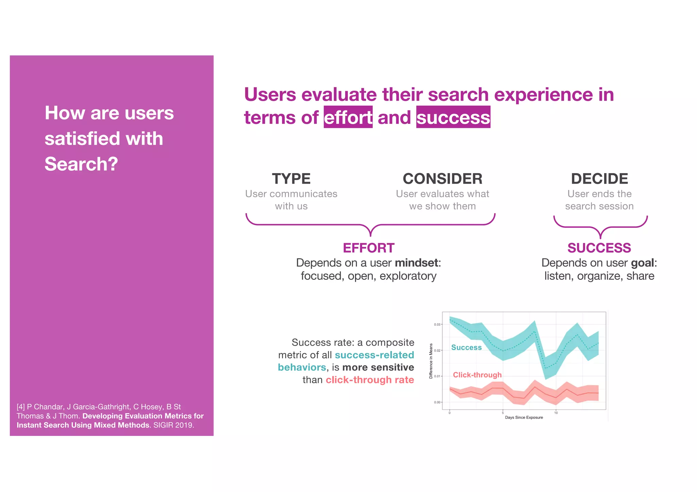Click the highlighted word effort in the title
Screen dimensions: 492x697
[348, 117]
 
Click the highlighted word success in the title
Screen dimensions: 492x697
[453, 117]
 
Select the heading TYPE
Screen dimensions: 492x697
[291, 179]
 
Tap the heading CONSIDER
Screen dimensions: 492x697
[442, 179]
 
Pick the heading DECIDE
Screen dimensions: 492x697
[599, 179]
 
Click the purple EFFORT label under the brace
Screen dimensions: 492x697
[369, 248]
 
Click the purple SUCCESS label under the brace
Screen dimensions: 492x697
[599, 248]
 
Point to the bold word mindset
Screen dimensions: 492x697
[416, 263]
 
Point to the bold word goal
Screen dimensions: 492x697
[642, 263]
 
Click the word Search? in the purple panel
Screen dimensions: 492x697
[81, 164]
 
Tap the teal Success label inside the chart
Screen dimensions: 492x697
[466, 347]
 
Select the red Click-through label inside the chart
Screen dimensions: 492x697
[477, 375]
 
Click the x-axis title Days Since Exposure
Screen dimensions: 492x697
[524, 418]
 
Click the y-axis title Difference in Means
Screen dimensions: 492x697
[431, 361]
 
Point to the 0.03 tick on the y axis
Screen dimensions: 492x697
[437, 324]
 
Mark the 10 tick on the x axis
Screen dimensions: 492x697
[556, 413]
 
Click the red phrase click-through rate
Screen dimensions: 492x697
[370, 380]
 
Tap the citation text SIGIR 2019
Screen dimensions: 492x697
[174, 425]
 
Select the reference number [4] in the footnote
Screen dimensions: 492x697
[21, 407]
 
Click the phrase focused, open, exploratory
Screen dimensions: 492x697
[368, 276]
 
